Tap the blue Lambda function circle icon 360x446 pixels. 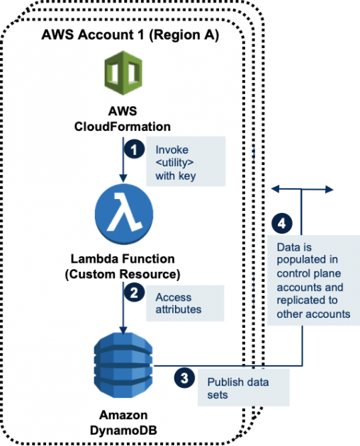pyautogui.click(x=124, y=213)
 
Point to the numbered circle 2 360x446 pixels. pyautogui.click(x=133, y=290)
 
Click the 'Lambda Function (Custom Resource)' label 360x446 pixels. pyautogui.click(x=124, y=266)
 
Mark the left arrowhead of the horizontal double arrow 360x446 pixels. pyautogui.click(x=274, y=189)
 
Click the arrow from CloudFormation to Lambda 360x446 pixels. pyautogui.click(x=124, y=159)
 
